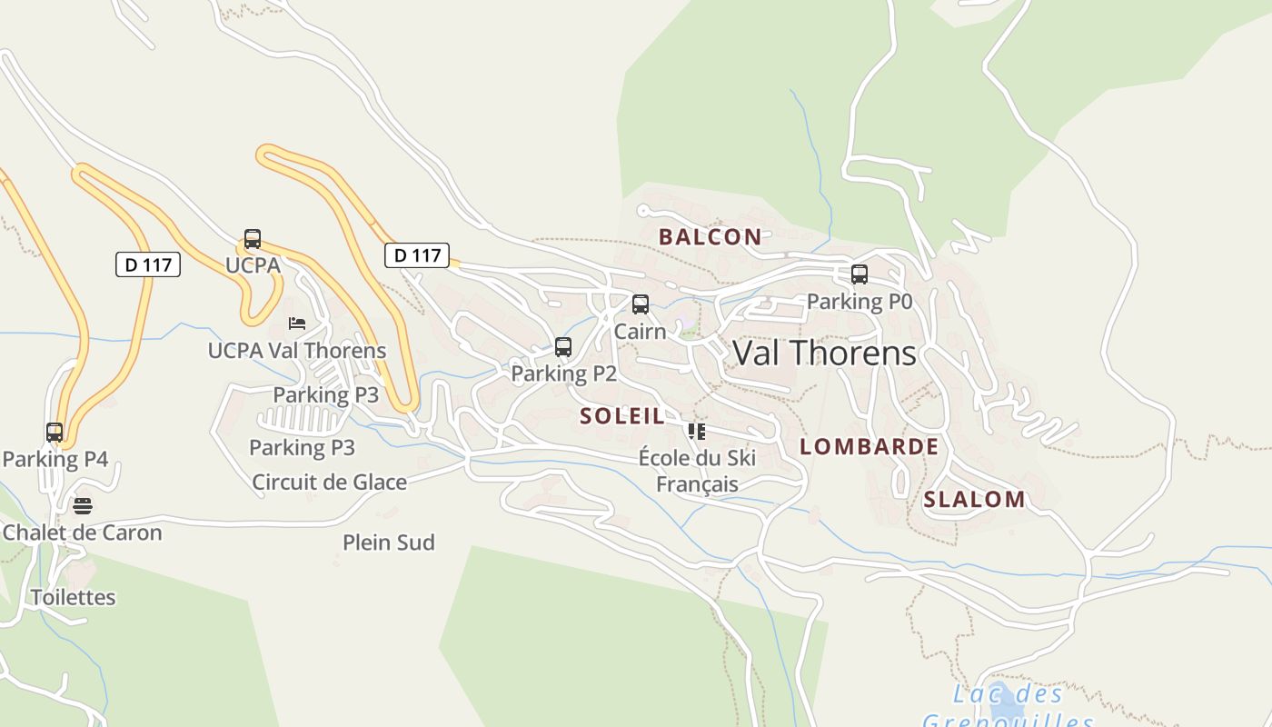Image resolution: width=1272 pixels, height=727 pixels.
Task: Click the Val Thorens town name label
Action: coord(824,353)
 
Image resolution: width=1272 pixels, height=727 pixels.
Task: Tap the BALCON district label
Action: coord(711,237)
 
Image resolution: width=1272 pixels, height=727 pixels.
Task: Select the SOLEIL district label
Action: coord(622,416)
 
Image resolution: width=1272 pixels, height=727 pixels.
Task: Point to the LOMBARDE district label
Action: coord(869,446)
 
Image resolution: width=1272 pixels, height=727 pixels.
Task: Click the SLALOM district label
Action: coord(974,499)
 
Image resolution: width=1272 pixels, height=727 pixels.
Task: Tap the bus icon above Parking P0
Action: coord(859,274)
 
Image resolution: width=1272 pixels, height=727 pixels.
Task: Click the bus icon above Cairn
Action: coord(641,304)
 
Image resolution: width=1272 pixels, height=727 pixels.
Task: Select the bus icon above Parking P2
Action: coord(563,346)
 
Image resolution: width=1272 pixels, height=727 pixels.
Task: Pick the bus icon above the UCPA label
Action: coord(253,239)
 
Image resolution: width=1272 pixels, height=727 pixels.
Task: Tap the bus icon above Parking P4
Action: coord(55,432)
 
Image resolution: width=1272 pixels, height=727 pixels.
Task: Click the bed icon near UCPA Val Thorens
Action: coord(297,323)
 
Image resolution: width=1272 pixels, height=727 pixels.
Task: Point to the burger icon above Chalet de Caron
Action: coord(83,505)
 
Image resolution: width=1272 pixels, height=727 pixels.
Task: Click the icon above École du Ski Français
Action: coord(697,431)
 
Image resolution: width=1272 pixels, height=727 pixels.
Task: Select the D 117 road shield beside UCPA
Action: coord(148,264)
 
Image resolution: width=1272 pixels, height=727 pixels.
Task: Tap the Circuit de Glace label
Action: coord(329,482)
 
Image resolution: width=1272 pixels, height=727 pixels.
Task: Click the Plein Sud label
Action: coord(388,543)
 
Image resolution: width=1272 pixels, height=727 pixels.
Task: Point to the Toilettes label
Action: coord(74,597)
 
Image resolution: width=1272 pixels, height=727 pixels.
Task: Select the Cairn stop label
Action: coord(640,331)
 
